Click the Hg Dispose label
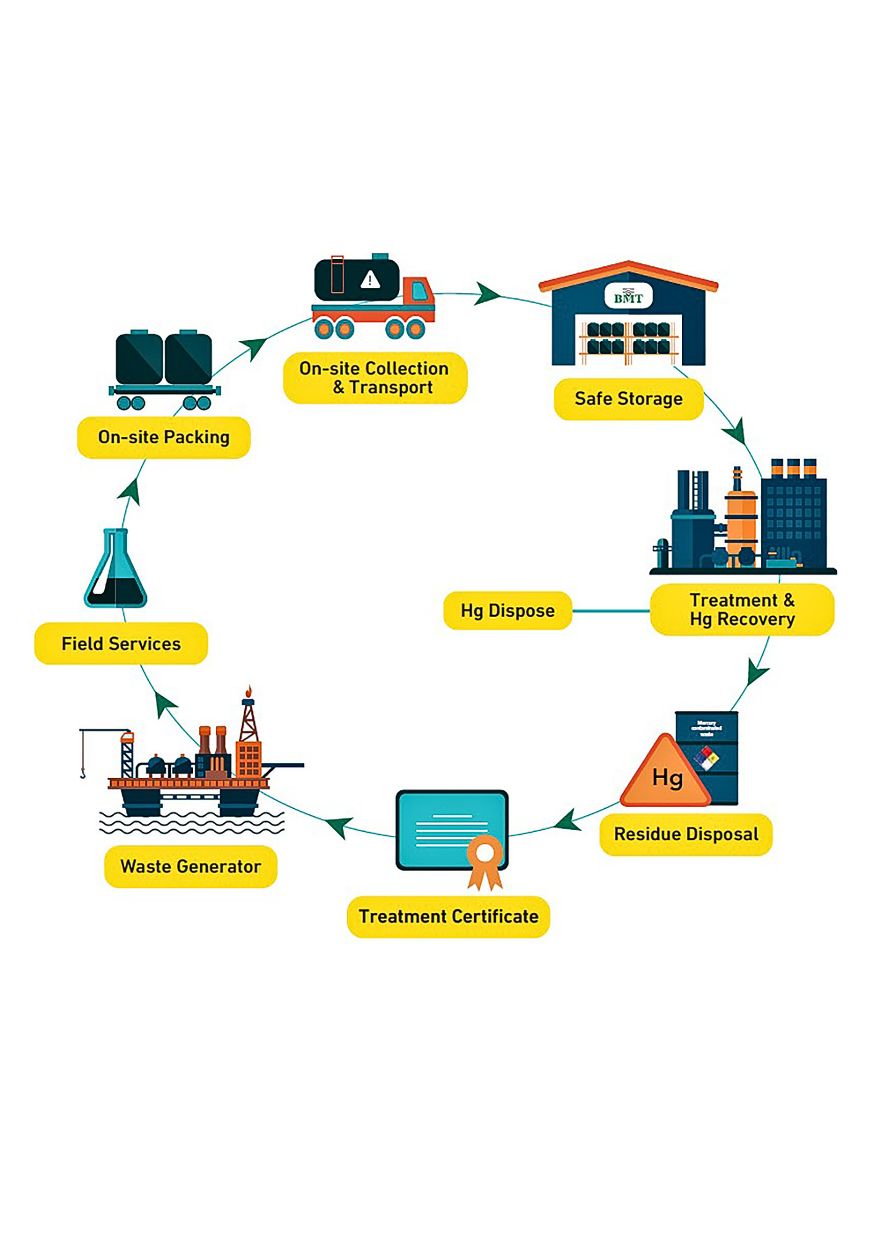(508, 610)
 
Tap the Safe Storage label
(628, 399)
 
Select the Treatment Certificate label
(448, 917)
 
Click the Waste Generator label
(191, 867)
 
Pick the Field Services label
(121, 644)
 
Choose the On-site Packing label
(163, 437)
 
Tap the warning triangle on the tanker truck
(370, 280)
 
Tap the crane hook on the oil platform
(83, 771)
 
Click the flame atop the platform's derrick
(249, 690)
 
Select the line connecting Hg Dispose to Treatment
(611, 611)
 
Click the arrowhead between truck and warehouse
(488, 294)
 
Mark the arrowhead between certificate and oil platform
(340, 826)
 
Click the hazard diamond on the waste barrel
(707, 758)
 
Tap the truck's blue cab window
(421, 290)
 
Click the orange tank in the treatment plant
(741, 521)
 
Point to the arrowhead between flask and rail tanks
(130, 492)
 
